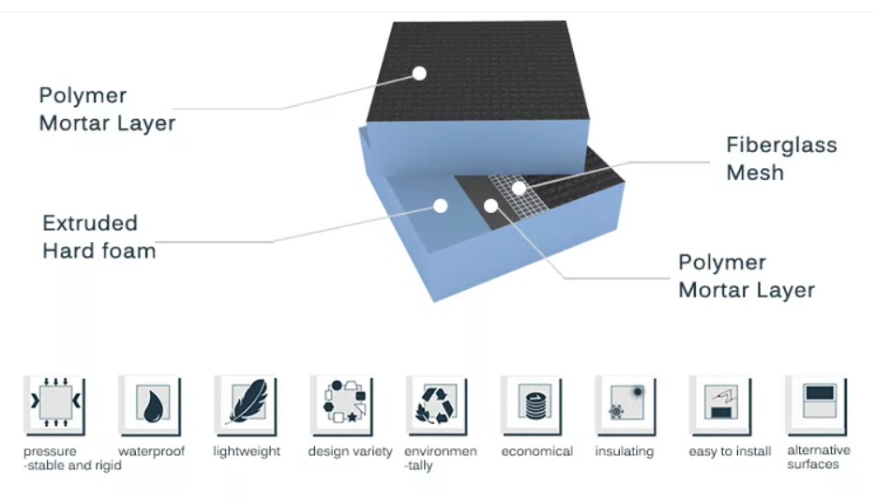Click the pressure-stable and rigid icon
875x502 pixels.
tap(55, 404)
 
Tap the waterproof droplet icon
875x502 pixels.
tap(150, 404)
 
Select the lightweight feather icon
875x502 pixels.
tap(246, 404)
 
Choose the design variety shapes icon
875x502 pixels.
tap(341, 404)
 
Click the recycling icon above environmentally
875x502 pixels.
tap(436, 404)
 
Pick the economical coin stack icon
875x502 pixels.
tap(532, 404)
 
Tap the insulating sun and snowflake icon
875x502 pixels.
tap(626, 404)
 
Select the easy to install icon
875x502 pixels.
tap(720, 404)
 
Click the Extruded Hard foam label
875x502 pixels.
tap(98, 236)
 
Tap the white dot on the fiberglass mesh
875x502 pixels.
tap(519, 189)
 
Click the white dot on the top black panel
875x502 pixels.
tap(419, 72)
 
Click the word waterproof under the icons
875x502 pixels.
tap(152, 451)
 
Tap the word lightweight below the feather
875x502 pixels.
tap(247, 451)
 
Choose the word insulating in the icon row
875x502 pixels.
tap(624, 451)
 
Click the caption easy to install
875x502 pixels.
tap(730, 451)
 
